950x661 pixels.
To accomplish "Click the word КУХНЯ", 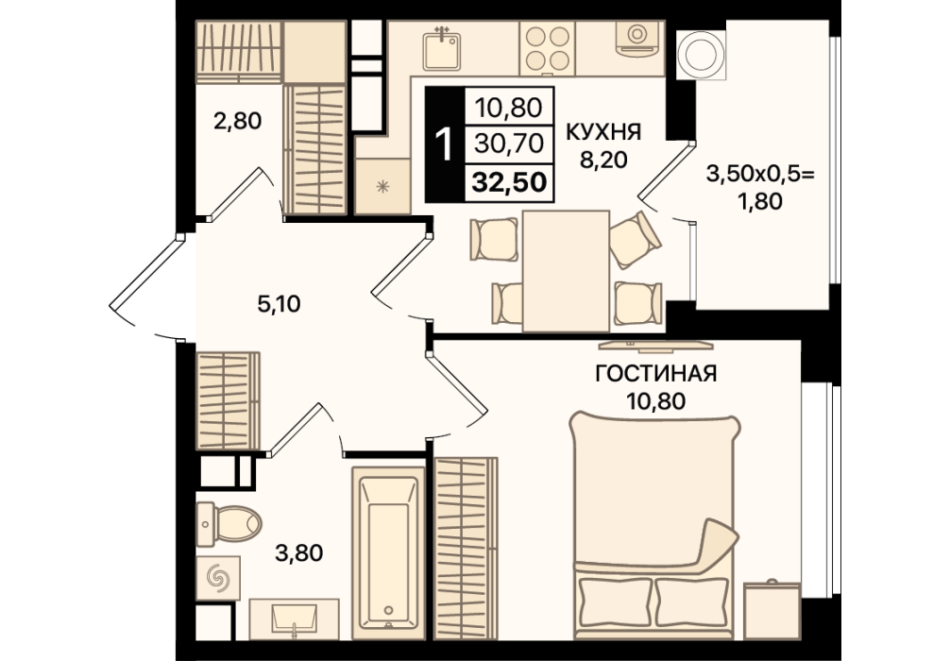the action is pyautogui.click(x=602, y=132).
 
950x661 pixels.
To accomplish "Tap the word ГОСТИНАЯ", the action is pyautogui.click(x=656, y=374).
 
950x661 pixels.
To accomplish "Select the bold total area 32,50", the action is pyautogui.click(x=509, y=181).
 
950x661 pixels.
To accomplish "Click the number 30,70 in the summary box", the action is pyautogui.click(x=509, y=144).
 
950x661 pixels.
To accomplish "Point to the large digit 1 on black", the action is pyautogui.click(x=445, y=145).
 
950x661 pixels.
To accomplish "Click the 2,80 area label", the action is pyautogui.click(x=237, y=121).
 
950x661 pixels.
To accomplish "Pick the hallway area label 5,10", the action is pyautogui.click(x=279, y=303).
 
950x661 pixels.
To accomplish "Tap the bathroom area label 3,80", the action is pyautogui.click(x=298, y=553).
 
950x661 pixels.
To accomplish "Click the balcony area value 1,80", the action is pyautogui.click(x=760, y=201).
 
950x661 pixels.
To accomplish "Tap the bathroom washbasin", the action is pyautogui.click(x=294, y=619).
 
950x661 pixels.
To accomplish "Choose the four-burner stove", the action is pyautogui.click(x=548, y=48).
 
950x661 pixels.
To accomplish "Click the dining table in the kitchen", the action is pyautogui.click(x=566, y=271).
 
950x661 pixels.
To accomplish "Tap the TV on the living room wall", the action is pyautogui.click(x=655, y=346).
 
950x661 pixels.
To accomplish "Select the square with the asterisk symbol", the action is pyautogui.click(x=382, y=187).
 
